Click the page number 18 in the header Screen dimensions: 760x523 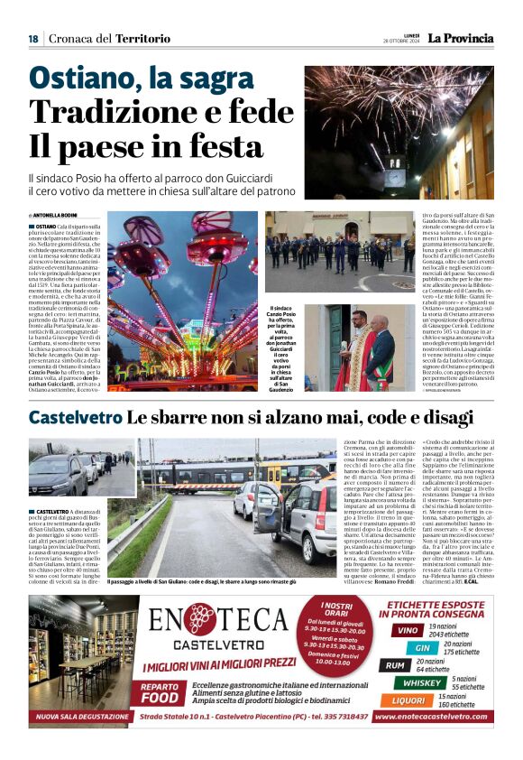pos(33,38)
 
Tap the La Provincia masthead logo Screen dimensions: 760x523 pos(460,38)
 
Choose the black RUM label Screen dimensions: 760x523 pos(395,665)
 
